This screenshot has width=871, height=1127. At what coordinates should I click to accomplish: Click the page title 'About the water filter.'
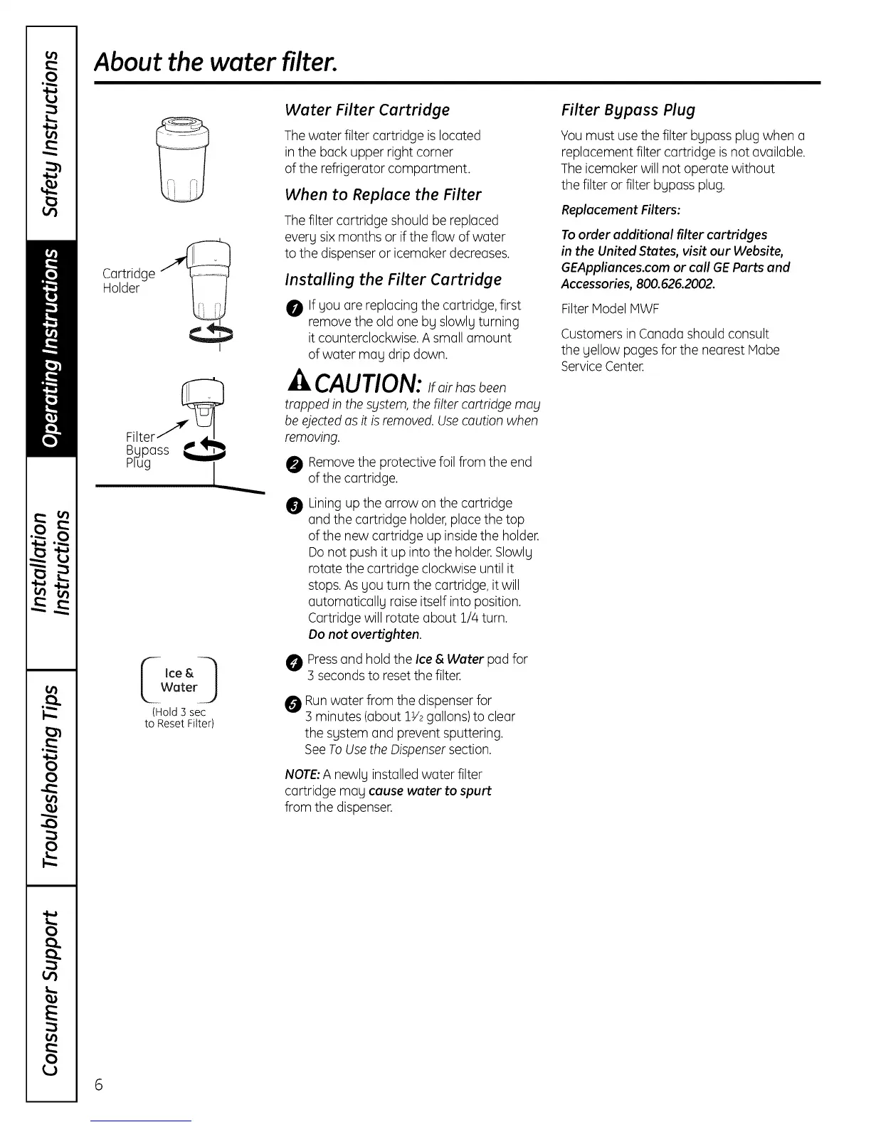coord(216,63)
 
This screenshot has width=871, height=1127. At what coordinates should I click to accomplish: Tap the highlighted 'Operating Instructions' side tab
coord(51,348)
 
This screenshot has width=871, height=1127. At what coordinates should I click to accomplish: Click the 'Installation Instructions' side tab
coord(51,562)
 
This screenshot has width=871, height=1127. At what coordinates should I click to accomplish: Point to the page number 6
coord(99,1084)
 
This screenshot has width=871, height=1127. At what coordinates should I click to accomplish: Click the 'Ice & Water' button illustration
coord(179,680)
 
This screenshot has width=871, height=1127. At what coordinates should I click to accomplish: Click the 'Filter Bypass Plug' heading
coord(628,110)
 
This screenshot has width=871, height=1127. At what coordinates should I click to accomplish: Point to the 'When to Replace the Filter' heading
coord(383,195)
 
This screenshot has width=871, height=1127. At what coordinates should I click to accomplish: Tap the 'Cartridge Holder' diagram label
coord(128,281)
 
